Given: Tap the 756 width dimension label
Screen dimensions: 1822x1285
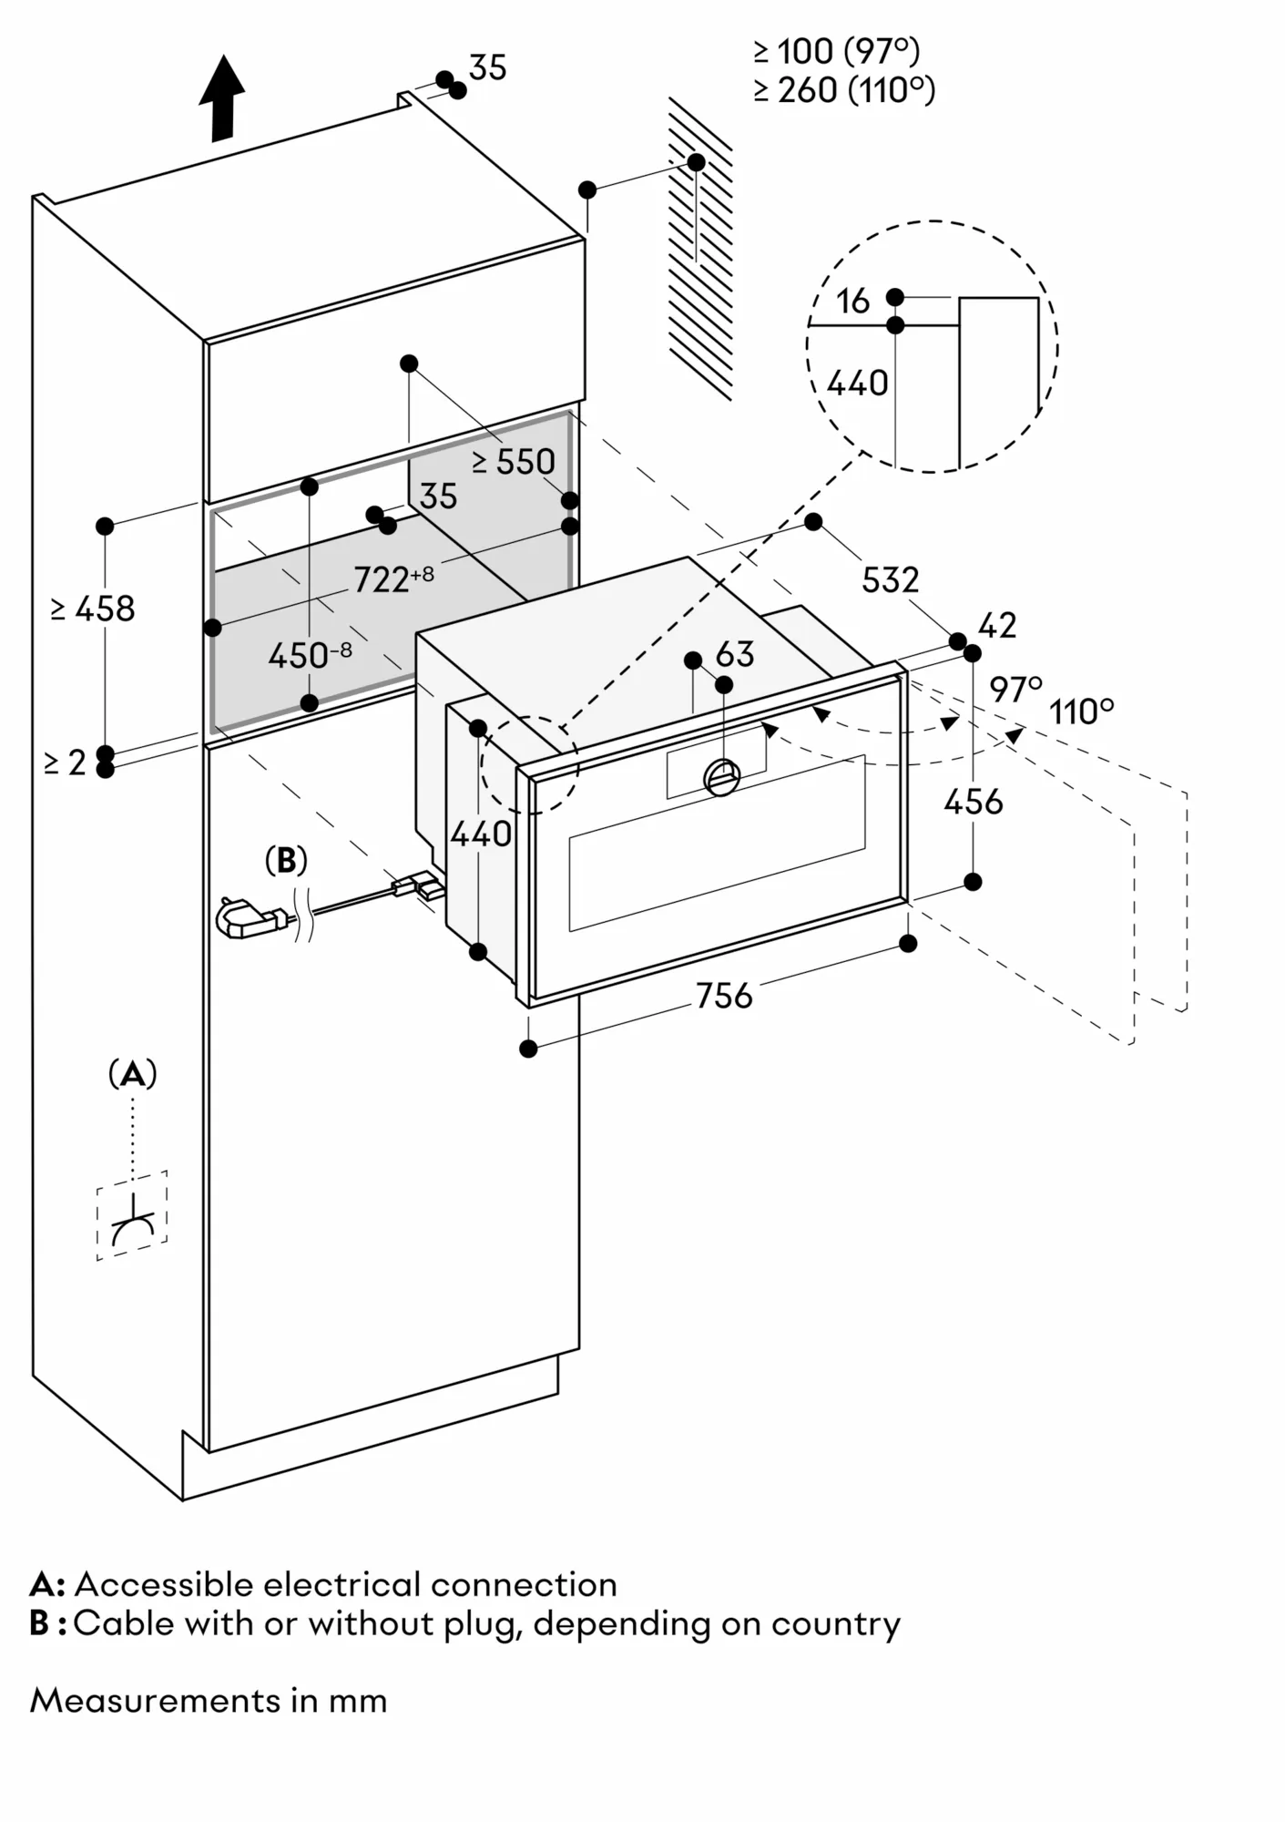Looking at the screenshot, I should pyautogui.click(x=724, y=996).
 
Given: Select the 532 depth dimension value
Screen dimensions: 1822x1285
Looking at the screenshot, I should pyautogui.click(x=890, y=580).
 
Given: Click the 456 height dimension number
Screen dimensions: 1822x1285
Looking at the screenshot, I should pyautogui.click(x=973, y=803).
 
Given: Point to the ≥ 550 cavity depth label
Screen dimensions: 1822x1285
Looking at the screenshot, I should pyautogui.click(x=514, y=462).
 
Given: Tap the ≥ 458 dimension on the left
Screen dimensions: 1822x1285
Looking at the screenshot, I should pyautogui.click(x=93, y=609).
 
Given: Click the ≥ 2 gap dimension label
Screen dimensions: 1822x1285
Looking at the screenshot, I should pyautogui.click(x=65, y=763).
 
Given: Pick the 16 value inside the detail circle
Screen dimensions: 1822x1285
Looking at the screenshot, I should pyautogui.click(x=853, y=302).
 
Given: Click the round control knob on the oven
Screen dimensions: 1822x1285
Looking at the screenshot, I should pyautogui.click(x=722, y=777).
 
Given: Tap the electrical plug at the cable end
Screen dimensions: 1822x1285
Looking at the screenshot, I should pyautogui.click(x=246, y=918).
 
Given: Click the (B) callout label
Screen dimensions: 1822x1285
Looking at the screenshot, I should pyautogui.click(x=286, y=860).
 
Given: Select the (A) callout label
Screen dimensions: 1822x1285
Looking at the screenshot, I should pyautogui.click(x=133, y=1074).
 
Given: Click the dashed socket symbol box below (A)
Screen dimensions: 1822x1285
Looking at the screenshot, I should pyautogui.click(x=132, y=1215).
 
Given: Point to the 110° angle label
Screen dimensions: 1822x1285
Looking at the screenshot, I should pyautogui.click(x=1081, y=711).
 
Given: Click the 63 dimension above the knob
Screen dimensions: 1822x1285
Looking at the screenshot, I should pyautogui.click(x=735, y=654).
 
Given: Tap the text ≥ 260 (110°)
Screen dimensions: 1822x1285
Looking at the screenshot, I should pyautogui.click(x=844, y=90).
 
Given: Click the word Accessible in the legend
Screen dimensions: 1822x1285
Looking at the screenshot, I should pyautogui.click(x=163, y=1584).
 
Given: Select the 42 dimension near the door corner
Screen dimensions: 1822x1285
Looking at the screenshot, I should pyautogui.click(x=997, y=625).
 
